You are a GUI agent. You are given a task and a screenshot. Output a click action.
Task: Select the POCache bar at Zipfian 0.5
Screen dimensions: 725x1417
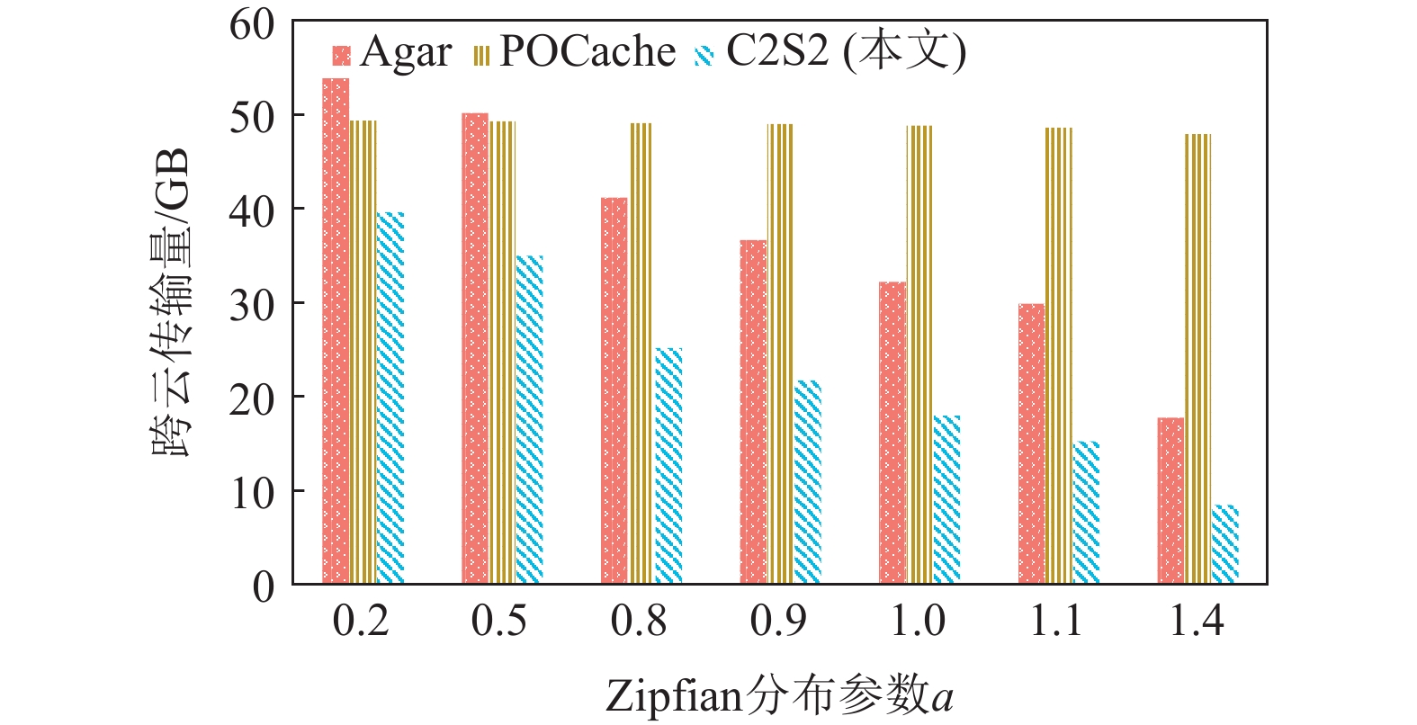tap(502, 353)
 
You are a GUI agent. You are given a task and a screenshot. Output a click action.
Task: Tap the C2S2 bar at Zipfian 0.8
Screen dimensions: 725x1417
tap(668, 466)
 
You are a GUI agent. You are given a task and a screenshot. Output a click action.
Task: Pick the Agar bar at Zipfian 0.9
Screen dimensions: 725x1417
tap(753, 412)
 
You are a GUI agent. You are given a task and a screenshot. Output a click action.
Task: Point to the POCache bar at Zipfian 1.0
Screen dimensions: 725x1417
tap(919, 354)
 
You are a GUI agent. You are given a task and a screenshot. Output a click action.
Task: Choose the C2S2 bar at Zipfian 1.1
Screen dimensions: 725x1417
tap(1086, 513)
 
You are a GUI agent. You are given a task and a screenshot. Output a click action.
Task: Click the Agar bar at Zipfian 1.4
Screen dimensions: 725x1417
tap(1170, 501)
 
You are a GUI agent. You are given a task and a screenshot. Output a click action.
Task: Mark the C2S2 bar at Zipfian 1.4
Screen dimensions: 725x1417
tap(1225, 545)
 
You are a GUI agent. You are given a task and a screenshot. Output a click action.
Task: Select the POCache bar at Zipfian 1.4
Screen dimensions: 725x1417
tap(1197, 359)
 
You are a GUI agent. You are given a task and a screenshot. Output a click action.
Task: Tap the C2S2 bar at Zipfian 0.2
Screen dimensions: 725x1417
tap(390, 398)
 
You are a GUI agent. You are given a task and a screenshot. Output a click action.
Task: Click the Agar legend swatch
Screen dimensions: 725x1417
tap(341, 56)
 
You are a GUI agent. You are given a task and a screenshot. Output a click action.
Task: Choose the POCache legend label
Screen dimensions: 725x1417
tap(587, 52)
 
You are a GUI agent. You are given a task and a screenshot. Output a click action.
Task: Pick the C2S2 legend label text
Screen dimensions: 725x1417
tap(846, 52)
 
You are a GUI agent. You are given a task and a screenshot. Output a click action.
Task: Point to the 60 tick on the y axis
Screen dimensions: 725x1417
tap(252, 24)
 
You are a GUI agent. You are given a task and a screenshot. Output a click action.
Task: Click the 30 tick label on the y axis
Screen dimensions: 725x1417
tap(252, 305)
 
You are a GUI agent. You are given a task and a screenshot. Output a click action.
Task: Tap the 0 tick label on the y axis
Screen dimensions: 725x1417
tap(263, 587)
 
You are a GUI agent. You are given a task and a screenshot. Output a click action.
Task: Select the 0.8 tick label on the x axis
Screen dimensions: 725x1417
tap(639, 622)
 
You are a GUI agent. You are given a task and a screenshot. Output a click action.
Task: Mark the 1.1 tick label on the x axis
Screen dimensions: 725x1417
tap(1057, 622)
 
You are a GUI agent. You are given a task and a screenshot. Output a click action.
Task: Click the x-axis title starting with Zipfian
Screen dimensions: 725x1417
tap(779, 696)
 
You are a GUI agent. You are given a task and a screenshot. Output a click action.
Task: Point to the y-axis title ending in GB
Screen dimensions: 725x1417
tap(171, 302)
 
